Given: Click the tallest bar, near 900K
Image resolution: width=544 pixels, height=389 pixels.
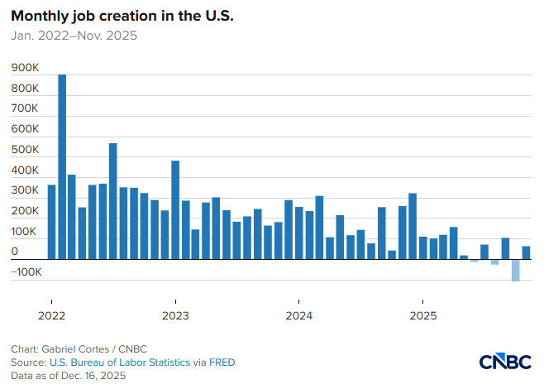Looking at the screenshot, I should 62,166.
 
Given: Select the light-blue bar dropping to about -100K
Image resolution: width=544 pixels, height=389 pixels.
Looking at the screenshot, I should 516,270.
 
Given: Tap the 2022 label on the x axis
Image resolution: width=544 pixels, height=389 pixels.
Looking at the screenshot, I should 51,315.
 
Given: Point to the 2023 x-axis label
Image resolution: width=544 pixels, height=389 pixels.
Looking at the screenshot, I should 175,315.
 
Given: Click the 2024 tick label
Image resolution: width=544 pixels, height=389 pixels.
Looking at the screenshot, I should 298,315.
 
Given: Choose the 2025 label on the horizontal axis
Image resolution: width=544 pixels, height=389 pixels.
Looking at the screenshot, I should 422,315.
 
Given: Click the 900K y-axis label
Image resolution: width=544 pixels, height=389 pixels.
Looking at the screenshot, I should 26,67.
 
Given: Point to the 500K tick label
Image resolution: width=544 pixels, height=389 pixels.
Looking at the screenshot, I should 26,150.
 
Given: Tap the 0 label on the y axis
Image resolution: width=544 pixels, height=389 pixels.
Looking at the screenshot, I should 15,251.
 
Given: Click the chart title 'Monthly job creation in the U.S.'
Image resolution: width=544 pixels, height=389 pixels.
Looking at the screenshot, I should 122,17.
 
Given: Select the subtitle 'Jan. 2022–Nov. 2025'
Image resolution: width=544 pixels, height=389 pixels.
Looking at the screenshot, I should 74,36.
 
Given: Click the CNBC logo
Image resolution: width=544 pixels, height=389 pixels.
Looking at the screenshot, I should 506,362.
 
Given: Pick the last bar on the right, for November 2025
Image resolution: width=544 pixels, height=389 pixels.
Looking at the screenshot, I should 526,252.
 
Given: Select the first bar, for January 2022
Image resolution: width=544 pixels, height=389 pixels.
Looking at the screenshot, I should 51,222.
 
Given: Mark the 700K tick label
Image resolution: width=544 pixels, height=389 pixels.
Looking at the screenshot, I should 26,108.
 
